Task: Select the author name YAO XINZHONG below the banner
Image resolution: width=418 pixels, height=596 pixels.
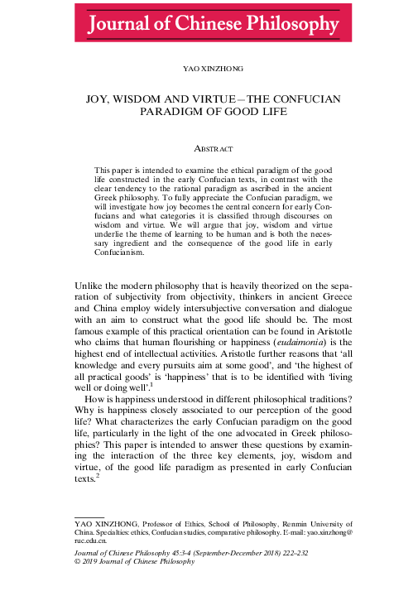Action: pyautogui.click(x=209, y=70)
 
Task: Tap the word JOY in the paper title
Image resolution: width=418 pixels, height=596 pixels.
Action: pyautogui.click(x=101, y=99)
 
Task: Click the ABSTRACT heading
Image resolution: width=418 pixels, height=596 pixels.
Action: pyautogui.click(x=209, y=149)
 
